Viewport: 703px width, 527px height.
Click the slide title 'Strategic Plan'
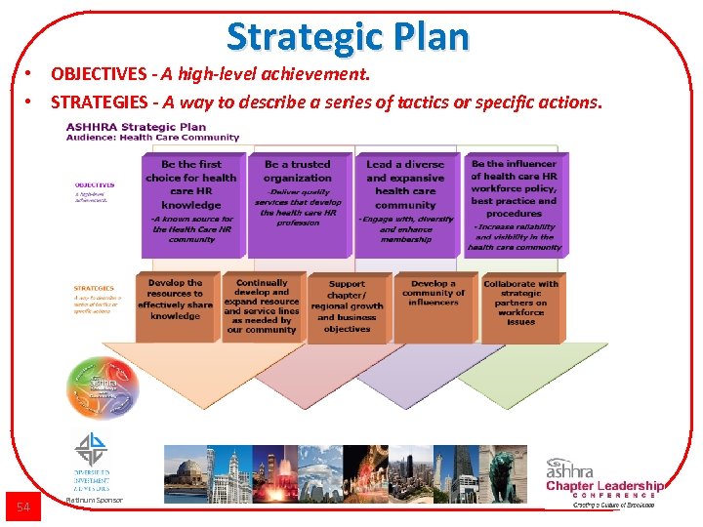pyautogui.click(x=348, y=37)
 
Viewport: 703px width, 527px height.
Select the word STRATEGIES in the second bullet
pyautogui.click(x=102, y=101)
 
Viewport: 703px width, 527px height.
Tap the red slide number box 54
pyautogui.click(x=24, y=506)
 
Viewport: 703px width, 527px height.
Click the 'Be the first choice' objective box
pyautogui.click(x=191, y=203)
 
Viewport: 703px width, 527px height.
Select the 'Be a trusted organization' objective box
pyautogui.click(x=298, y=203)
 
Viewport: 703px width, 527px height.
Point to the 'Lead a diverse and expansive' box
pyautogui.click(x=405, y=203)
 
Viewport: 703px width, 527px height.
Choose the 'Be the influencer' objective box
pyautogui.click(x=514, y=203)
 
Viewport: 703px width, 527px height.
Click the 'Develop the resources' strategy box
pyautogui.click(x=176, y=305)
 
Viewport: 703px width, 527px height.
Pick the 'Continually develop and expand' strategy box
pyautogui.click(x=262, y=305)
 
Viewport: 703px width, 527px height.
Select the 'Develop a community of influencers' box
pyautogui.click(x=434, y=305)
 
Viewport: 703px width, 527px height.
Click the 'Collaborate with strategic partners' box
pyautogui.click(x=521, y=305)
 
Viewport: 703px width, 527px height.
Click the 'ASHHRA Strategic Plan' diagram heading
pyautogui.click(x=136, y=126)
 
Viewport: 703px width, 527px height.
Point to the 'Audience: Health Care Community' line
pyautogui.click(x=151, y=138)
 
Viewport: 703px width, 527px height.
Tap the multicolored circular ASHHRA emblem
pyautogui.click(x=102, y=387)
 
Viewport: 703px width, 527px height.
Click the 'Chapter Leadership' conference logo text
pyautogui.click(x=604, y=486)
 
